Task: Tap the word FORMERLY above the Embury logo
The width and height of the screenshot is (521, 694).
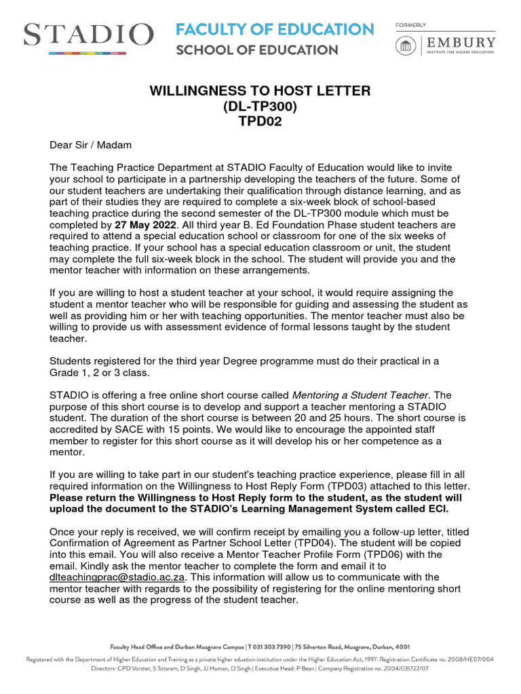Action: pos(410,25)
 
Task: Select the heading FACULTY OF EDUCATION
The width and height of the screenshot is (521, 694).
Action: pos(275,30)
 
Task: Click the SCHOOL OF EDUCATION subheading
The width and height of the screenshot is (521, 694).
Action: pos(256,50)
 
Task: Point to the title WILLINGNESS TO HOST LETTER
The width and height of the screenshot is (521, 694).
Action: pos(260,91)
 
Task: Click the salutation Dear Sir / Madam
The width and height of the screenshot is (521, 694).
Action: pos(91,145)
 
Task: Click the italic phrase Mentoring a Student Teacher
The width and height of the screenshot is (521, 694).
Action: pos(362,394)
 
